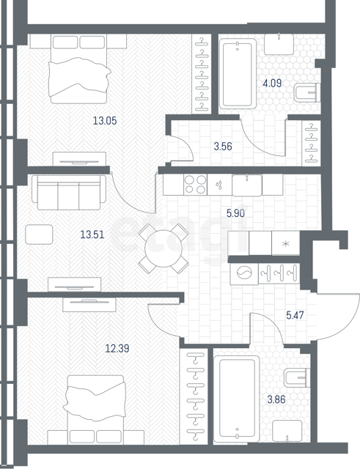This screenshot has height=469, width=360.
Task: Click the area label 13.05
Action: tap(105, 121)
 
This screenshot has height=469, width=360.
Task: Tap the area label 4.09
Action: tap(272, 83)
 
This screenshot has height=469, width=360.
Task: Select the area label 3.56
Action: tap(223, 147)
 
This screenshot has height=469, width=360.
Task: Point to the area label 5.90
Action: tap(235, 213)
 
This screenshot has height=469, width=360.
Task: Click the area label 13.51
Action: tap(92, 234)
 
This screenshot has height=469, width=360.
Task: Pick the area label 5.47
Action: tap(295, 315)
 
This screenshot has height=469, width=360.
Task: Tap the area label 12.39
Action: tap(117, 349)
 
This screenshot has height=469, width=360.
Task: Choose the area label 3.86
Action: tap(276, 399)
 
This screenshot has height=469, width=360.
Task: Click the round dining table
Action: tap(164, 248)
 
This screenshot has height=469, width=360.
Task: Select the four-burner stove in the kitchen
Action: tap(195, 185)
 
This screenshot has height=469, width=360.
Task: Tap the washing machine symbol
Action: tap(244, 273)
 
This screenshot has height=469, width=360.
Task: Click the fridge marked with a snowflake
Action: tap(286, 243)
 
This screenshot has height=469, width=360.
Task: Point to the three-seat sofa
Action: tap(69, 192)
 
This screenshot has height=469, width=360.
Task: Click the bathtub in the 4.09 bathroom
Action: tap(238, 73)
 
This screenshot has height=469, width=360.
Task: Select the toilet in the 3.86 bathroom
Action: tap(296, 378)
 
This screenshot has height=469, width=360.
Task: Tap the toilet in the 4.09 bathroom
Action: tap(307, 93)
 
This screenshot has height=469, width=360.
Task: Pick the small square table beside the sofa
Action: tap(39, 234)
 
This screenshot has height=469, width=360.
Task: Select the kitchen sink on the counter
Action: tap(247, 185)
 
